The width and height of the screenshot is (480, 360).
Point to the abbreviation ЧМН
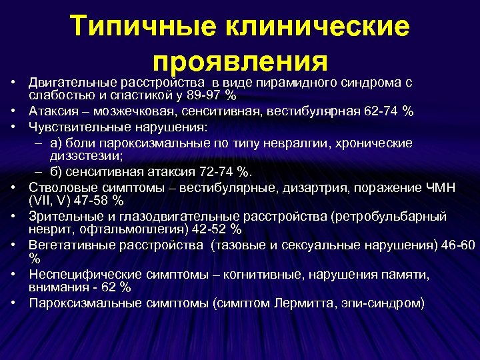441,187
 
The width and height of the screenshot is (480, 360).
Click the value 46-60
461,245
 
